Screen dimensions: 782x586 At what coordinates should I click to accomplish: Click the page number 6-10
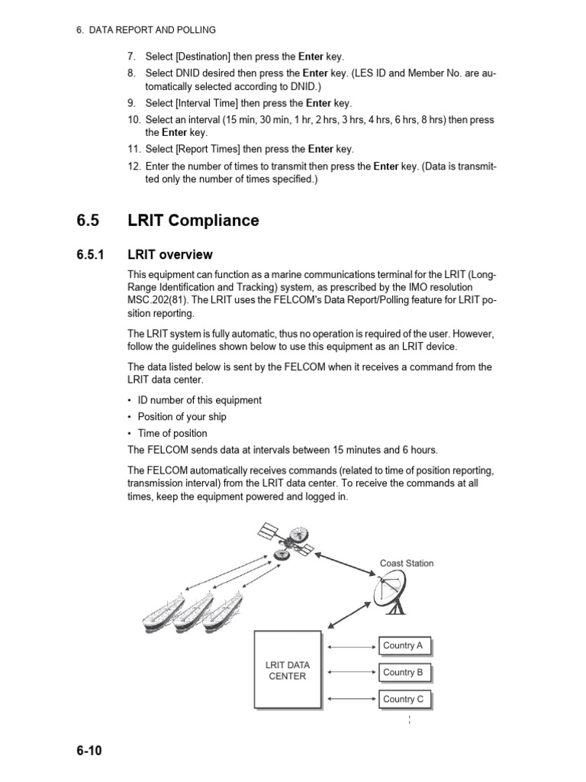89,750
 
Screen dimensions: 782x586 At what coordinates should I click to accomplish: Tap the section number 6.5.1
92,254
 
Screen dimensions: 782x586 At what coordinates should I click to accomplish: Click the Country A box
403,646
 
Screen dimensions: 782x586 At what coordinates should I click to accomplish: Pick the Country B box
403,673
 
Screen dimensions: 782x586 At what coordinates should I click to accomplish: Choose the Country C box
403,700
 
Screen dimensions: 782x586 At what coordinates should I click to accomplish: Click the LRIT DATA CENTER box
288,671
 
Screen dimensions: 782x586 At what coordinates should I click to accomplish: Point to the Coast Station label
406,564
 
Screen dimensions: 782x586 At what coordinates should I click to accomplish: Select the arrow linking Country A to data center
352,647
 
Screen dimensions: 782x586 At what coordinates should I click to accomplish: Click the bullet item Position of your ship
182,417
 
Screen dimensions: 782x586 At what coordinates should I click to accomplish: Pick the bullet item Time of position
172,434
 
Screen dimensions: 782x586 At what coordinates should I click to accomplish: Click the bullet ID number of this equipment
199,400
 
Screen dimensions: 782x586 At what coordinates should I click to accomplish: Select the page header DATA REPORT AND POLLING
153,30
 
